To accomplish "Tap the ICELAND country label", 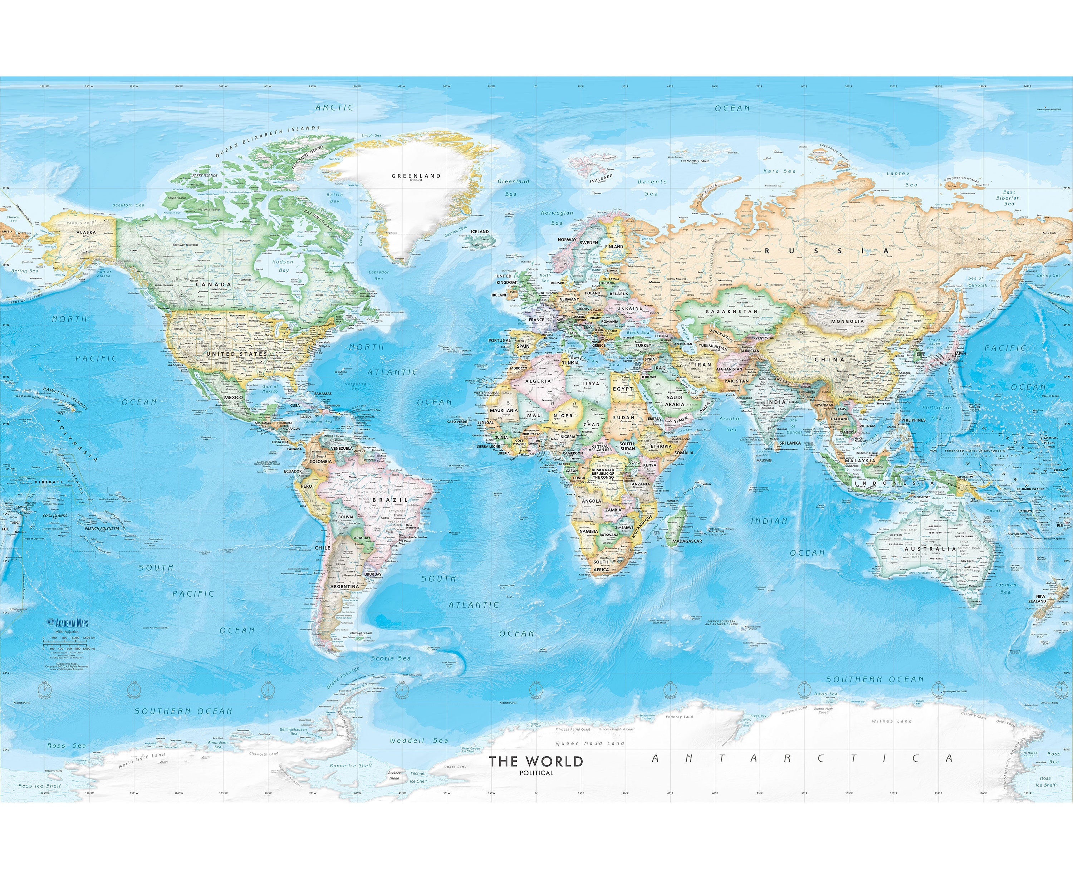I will click(480, 231).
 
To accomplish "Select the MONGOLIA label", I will click(848, 321).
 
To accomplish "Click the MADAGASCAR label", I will click(687, 541).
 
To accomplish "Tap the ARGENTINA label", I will click(344, 586).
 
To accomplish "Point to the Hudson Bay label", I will click(283, 266).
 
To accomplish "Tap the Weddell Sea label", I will click(419, 740).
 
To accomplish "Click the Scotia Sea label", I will click(391, 658).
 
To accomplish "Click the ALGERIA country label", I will click(538, 381).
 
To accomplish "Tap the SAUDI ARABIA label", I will click(675, 401).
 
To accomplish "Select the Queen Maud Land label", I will click(590, 743).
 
